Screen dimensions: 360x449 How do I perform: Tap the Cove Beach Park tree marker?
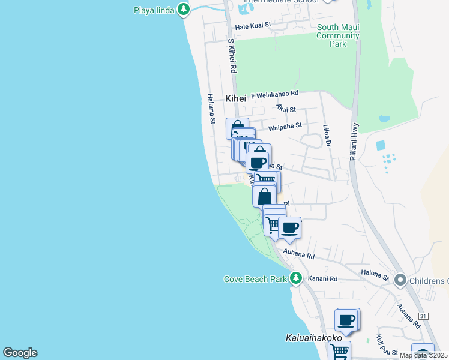(295, 278)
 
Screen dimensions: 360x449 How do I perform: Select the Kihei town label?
(236, 98)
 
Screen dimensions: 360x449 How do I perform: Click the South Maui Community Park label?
(339, 35)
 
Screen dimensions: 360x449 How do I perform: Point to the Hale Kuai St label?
(253, 26)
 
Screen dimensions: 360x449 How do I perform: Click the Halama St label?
(211, 109)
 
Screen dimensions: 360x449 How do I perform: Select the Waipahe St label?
(285, 127)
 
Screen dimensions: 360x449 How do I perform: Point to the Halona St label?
(375, 274)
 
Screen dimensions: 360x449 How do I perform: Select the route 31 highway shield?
(424, 316)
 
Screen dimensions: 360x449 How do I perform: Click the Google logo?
(20, 353)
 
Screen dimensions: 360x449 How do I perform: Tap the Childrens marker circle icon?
(400, 280)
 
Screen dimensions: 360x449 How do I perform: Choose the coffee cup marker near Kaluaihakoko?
(346, 320)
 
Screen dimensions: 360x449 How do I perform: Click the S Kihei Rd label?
(232, 57)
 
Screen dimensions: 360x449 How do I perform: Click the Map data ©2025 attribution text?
(423, 355)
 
